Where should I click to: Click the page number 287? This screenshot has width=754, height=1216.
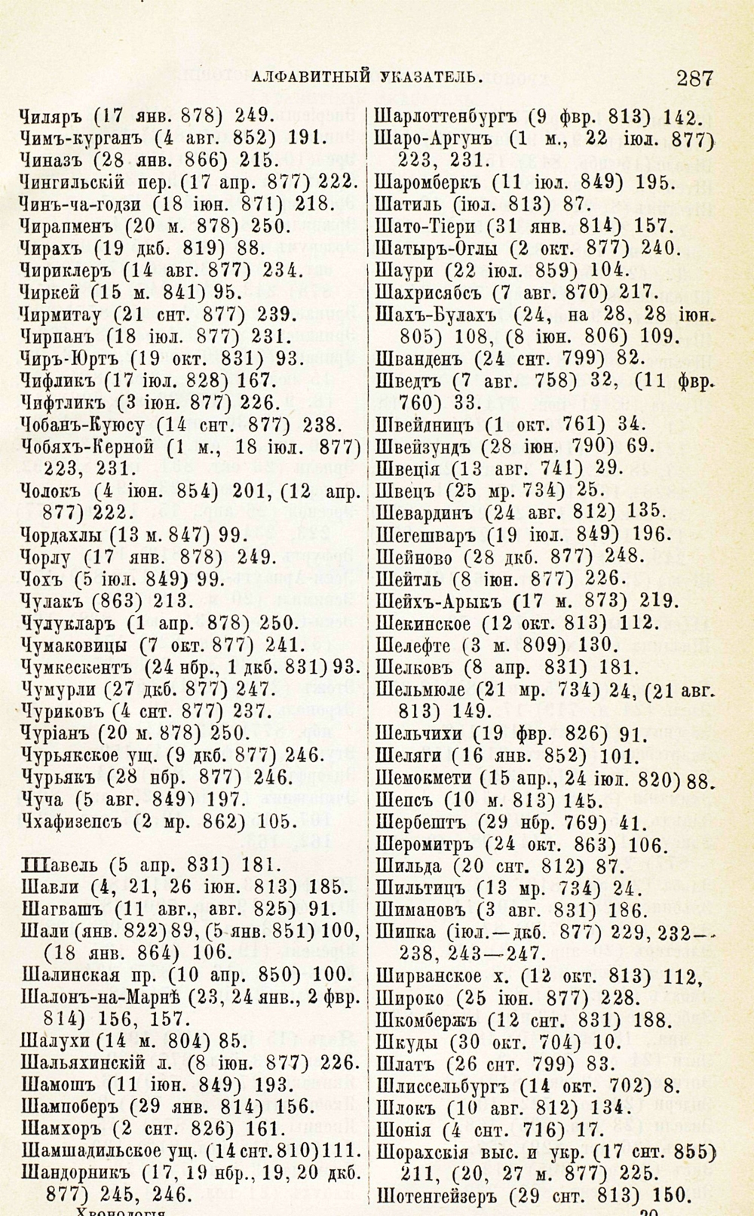(x=694, y=76)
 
